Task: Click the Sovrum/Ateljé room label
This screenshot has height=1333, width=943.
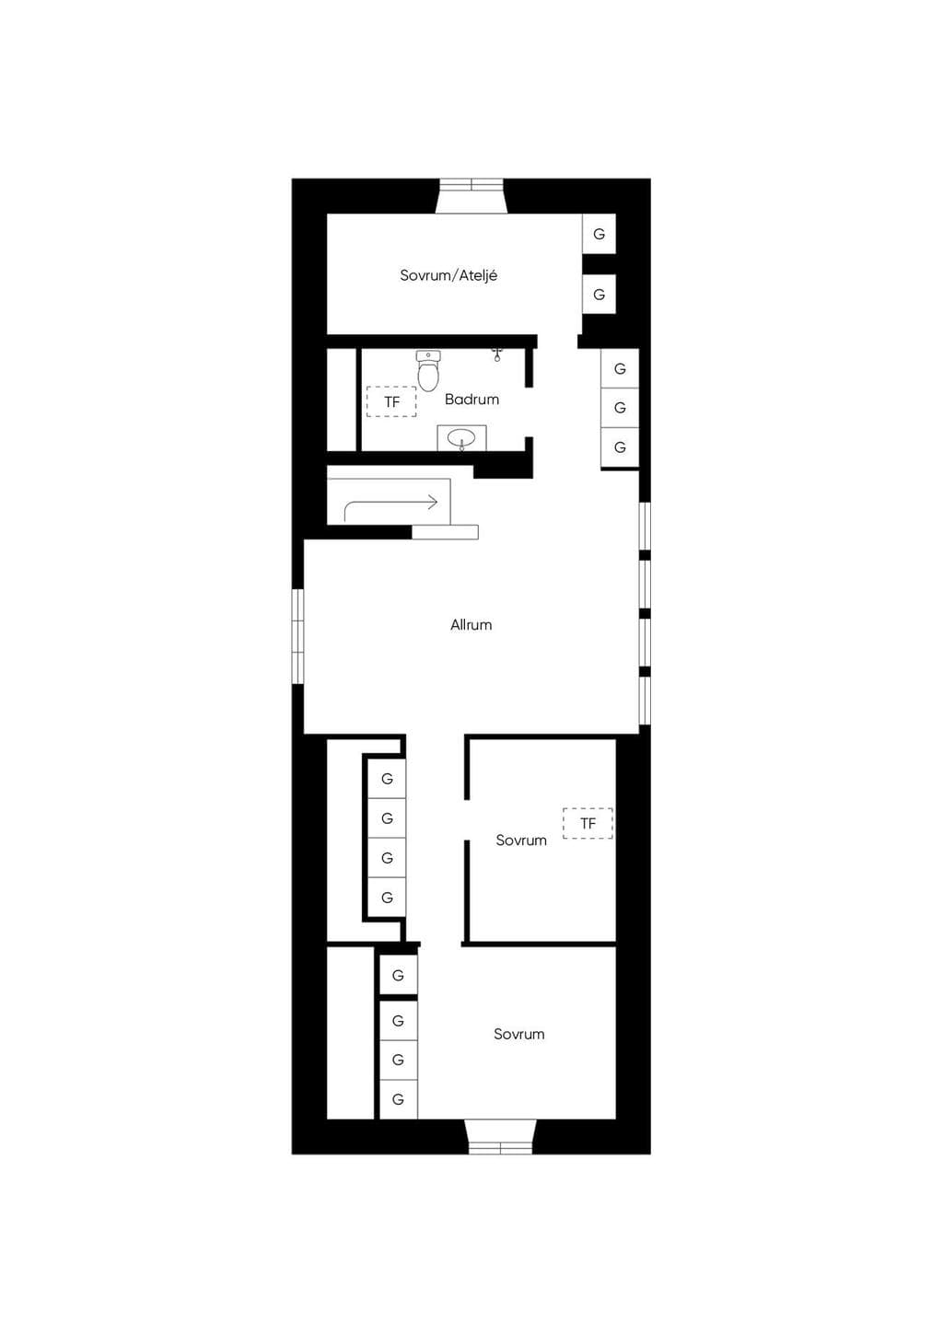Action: pos(448,275)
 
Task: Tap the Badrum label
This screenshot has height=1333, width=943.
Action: pos(471,400)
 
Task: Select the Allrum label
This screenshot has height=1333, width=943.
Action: pos(471,625)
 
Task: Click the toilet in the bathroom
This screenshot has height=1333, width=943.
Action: pos(428,370)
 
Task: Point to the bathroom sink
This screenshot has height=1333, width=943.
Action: pos(461,439)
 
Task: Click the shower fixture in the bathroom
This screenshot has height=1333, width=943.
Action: pos(497,355)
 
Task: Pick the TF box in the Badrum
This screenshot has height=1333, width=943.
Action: pos(391,401)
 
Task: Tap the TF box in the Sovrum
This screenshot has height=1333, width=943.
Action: pos(588,824)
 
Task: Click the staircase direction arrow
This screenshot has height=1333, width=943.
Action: pos(391,506)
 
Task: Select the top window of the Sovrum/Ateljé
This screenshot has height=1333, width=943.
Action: pos(471,196)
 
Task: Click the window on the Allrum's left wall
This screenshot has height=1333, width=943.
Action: pos(297,636)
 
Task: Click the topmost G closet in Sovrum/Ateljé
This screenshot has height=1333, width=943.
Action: pos(599,234)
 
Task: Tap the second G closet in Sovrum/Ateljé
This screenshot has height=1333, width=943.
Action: pos(599,294)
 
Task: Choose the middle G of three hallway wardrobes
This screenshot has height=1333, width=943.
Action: pos(620,408)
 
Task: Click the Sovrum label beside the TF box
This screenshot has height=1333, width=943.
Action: pos(521,840)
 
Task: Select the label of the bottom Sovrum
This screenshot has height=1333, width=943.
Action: pos(519,1034)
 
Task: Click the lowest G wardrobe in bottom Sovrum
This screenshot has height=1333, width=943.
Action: pos(398,1098)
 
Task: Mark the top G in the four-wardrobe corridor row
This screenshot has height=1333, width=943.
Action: pos(387,779)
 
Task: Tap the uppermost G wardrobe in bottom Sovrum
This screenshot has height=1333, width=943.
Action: pos(398,975)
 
